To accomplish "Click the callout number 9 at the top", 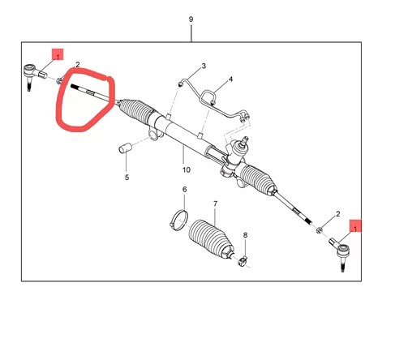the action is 191,19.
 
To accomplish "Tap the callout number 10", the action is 187,170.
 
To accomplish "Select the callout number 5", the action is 127,178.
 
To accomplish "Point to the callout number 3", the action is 204,66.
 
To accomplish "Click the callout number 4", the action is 230,79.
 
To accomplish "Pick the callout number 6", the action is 184,190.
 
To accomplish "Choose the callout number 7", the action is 215,204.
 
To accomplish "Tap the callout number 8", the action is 245,235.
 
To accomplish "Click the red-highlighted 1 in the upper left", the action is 58,54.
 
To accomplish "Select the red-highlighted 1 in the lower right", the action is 355,225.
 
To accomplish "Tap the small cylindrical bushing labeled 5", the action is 125,148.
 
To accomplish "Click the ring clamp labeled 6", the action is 178,220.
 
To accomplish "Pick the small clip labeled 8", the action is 243,261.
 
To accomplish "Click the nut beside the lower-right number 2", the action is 320,230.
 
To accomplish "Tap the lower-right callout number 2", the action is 338,214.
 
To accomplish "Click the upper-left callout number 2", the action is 78,65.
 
